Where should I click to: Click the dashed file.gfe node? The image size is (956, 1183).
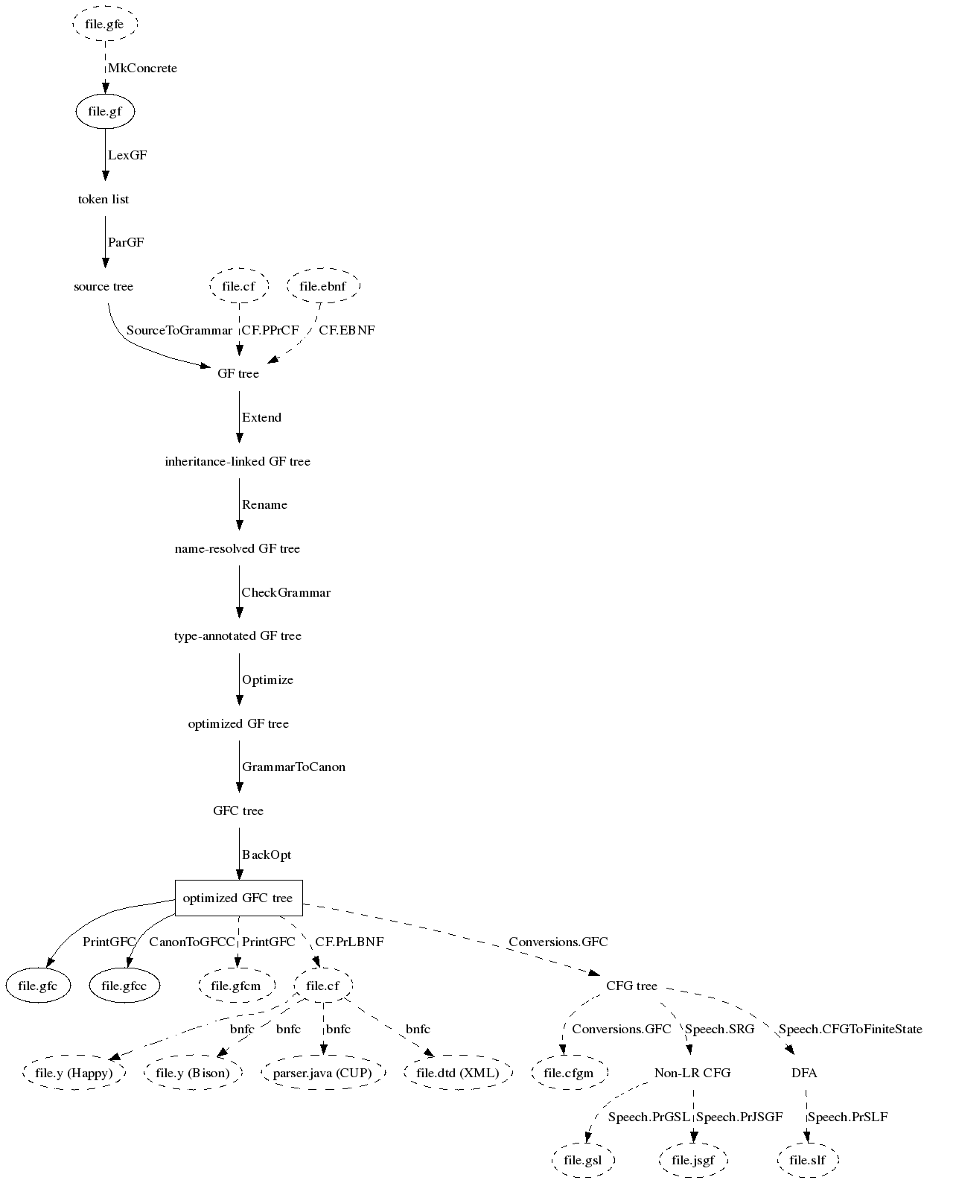coord(105,25)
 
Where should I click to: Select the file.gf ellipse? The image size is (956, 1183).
coord(105,112)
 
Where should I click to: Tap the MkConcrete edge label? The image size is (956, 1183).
coord(143,69)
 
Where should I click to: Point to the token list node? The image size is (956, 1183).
coord(103,200)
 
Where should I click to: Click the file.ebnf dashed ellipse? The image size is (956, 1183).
coord(323,287)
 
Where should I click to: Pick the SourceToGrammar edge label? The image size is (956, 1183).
coord(179,331)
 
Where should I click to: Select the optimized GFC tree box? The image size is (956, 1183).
coord(238,898)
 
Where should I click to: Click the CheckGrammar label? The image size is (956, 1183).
coord(286,593)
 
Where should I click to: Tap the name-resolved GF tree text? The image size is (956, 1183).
coord(238,549)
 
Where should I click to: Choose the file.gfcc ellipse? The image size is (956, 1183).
coord(124,986)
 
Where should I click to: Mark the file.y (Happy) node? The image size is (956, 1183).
coord(74,1073)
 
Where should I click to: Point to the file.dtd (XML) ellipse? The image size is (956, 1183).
coord(458,1073)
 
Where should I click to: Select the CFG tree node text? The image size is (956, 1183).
coord(631,986)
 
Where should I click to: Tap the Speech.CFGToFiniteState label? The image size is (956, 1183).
coord(850,1030)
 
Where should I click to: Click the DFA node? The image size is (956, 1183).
coord(804,1073)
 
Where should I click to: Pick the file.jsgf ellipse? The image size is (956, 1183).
coord(693,1161)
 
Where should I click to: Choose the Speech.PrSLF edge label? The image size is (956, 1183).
coord(847,1117)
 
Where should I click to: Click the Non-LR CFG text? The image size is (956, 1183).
coord(692,1073)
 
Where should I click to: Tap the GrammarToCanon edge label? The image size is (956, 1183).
coord(293,767)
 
